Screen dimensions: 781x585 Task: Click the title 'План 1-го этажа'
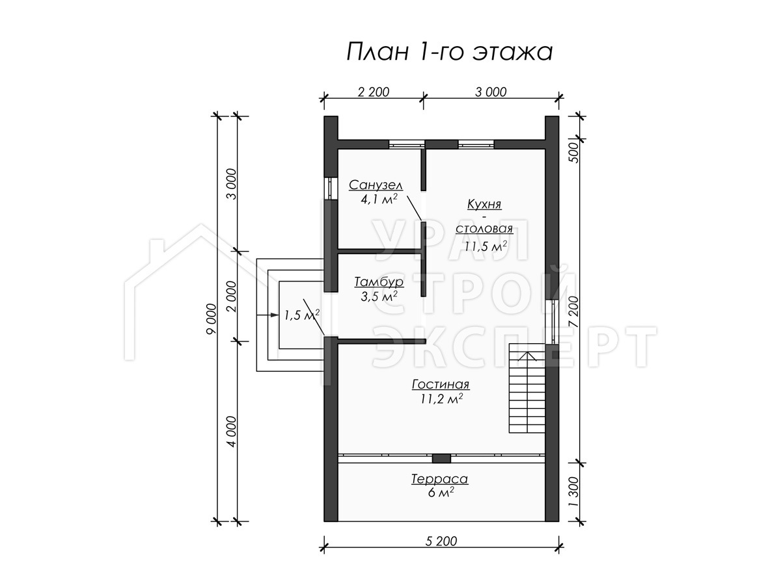[x=450, y=53]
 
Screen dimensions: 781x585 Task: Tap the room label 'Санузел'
[x=376, y=185]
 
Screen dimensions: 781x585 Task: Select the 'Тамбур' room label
[x=379, y=281]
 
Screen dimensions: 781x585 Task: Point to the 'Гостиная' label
[x=441, y=384]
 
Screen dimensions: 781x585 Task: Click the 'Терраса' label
[x=439, y=479]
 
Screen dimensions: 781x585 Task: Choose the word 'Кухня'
[x=484, y=204]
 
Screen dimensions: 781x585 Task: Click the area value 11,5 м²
[x=486, y=246]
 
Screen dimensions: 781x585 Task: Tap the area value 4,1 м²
[x=379, y=200]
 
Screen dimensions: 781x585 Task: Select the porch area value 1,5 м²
[x=302, y=315]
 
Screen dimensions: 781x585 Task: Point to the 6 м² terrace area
[x=441, y=493]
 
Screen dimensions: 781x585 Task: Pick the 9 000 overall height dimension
[x=212, y=319]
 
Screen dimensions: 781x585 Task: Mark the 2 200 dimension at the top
[x=373, y=92]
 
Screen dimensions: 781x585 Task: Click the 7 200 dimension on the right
[x=573, y=311]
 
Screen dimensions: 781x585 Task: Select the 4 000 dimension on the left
[x=232, y=432]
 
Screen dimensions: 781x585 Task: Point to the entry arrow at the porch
[x=267, y=315]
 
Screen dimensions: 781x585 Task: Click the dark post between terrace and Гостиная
[x=441, y=458]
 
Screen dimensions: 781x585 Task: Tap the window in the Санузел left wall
[x=331, y=188]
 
